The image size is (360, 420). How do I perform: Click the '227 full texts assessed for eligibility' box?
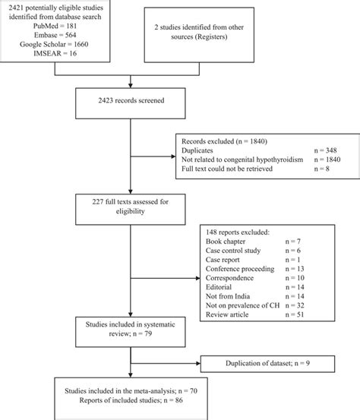pos(131,210)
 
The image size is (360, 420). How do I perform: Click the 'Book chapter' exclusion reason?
pos(228,240)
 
